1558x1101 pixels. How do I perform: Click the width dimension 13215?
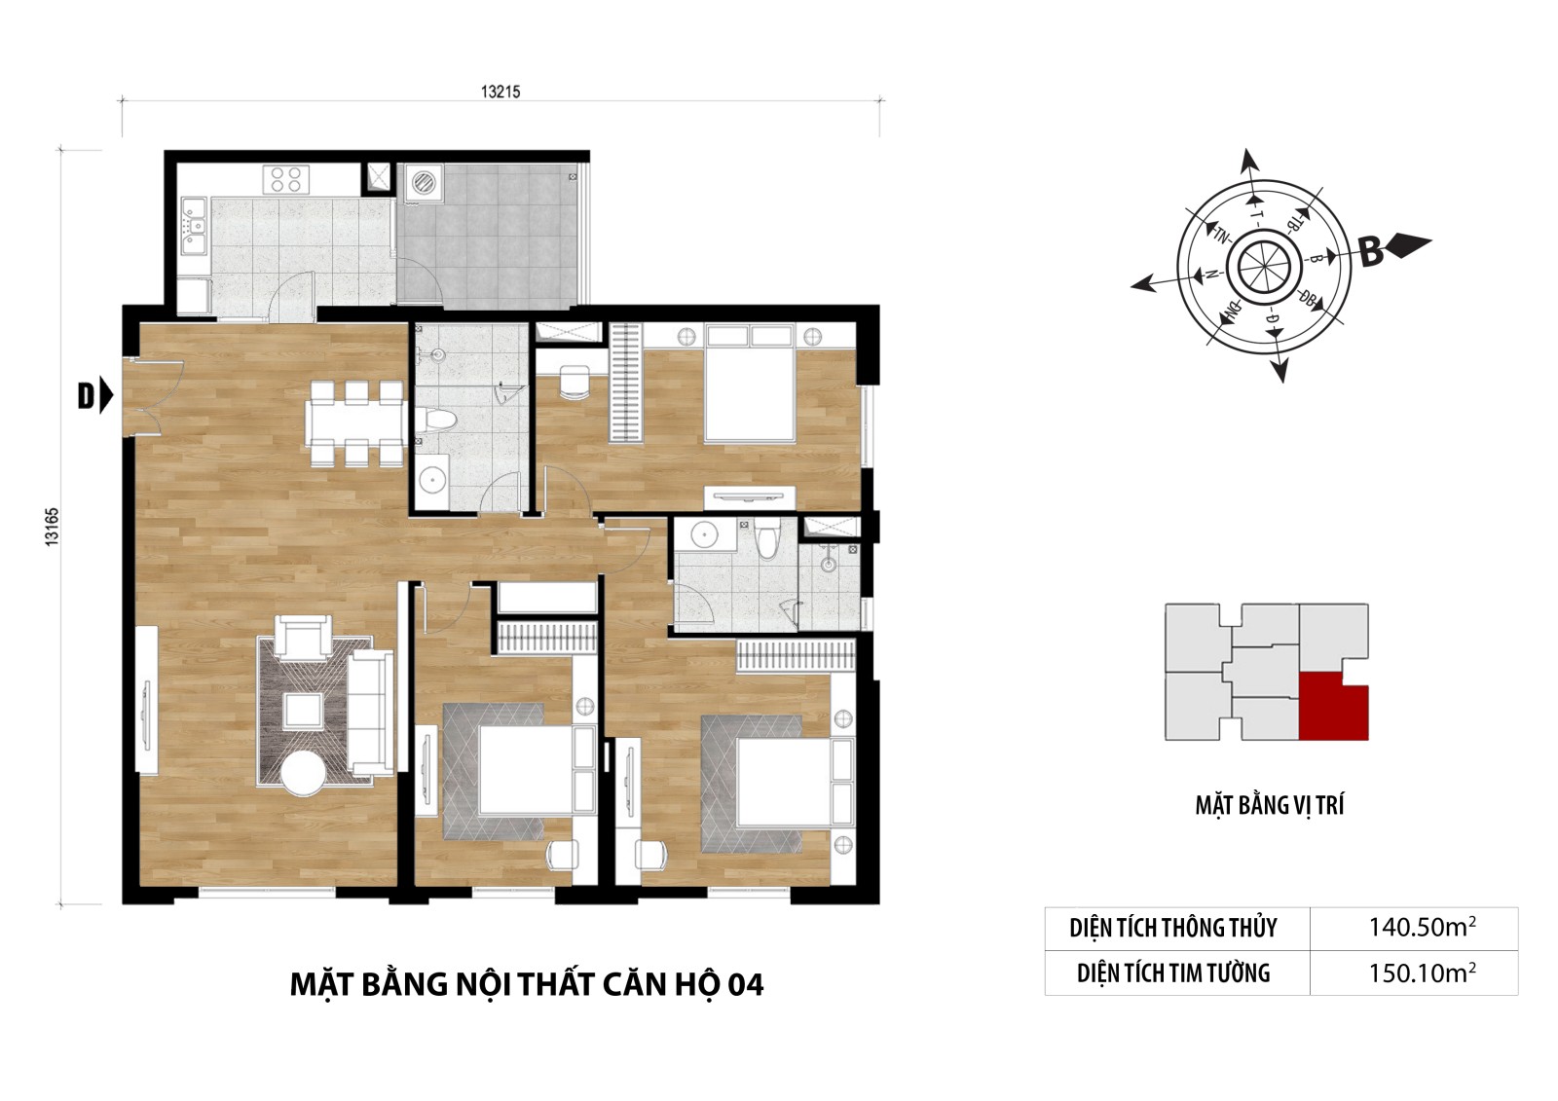[x=501, y=92]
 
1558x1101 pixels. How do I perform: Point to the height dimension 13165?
[x=53, y=528]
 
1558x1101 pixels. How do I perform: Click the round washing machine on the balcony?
[x=423, y=182]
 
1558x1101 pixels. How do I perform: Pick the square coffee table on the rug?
[x=303, y=711]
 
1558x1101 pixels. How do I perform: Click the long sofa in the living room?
[x=371, y=713]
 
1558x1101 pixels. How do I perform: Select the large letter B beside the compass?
[x=1372, y=253]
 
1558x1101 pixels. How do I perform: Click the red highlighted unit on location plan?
[x=1333, y=707]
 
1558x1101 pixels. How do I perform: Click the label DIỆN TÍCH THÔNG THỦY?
[x=1173, y=928]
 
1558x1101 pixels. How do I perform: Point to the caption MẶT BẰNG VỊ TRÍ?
[x=1270, y=805]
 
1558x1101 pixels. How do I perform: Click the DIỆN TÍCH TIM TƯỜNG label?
[x=1173, y=973]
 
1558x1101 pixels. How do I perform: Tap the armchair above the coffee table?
[x=303, y=636]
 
